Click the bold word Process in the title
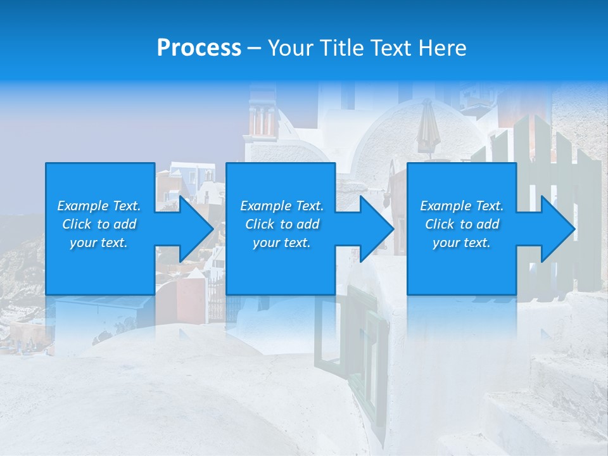coord(199,48)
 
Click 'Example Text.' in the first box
coord(99,206)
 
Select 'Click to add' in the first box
coord(99,224)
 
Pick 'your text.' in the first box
coord(99,243)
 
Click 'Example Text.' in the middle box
coord(282,206)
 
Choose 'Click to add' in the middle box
coord(282,224)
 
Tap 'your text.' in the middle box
coord(282,243)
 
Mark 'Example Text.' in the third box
coord(462,206)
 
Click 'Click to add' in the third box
coord(462,224)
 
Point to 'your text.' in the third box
coord(462,243)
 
